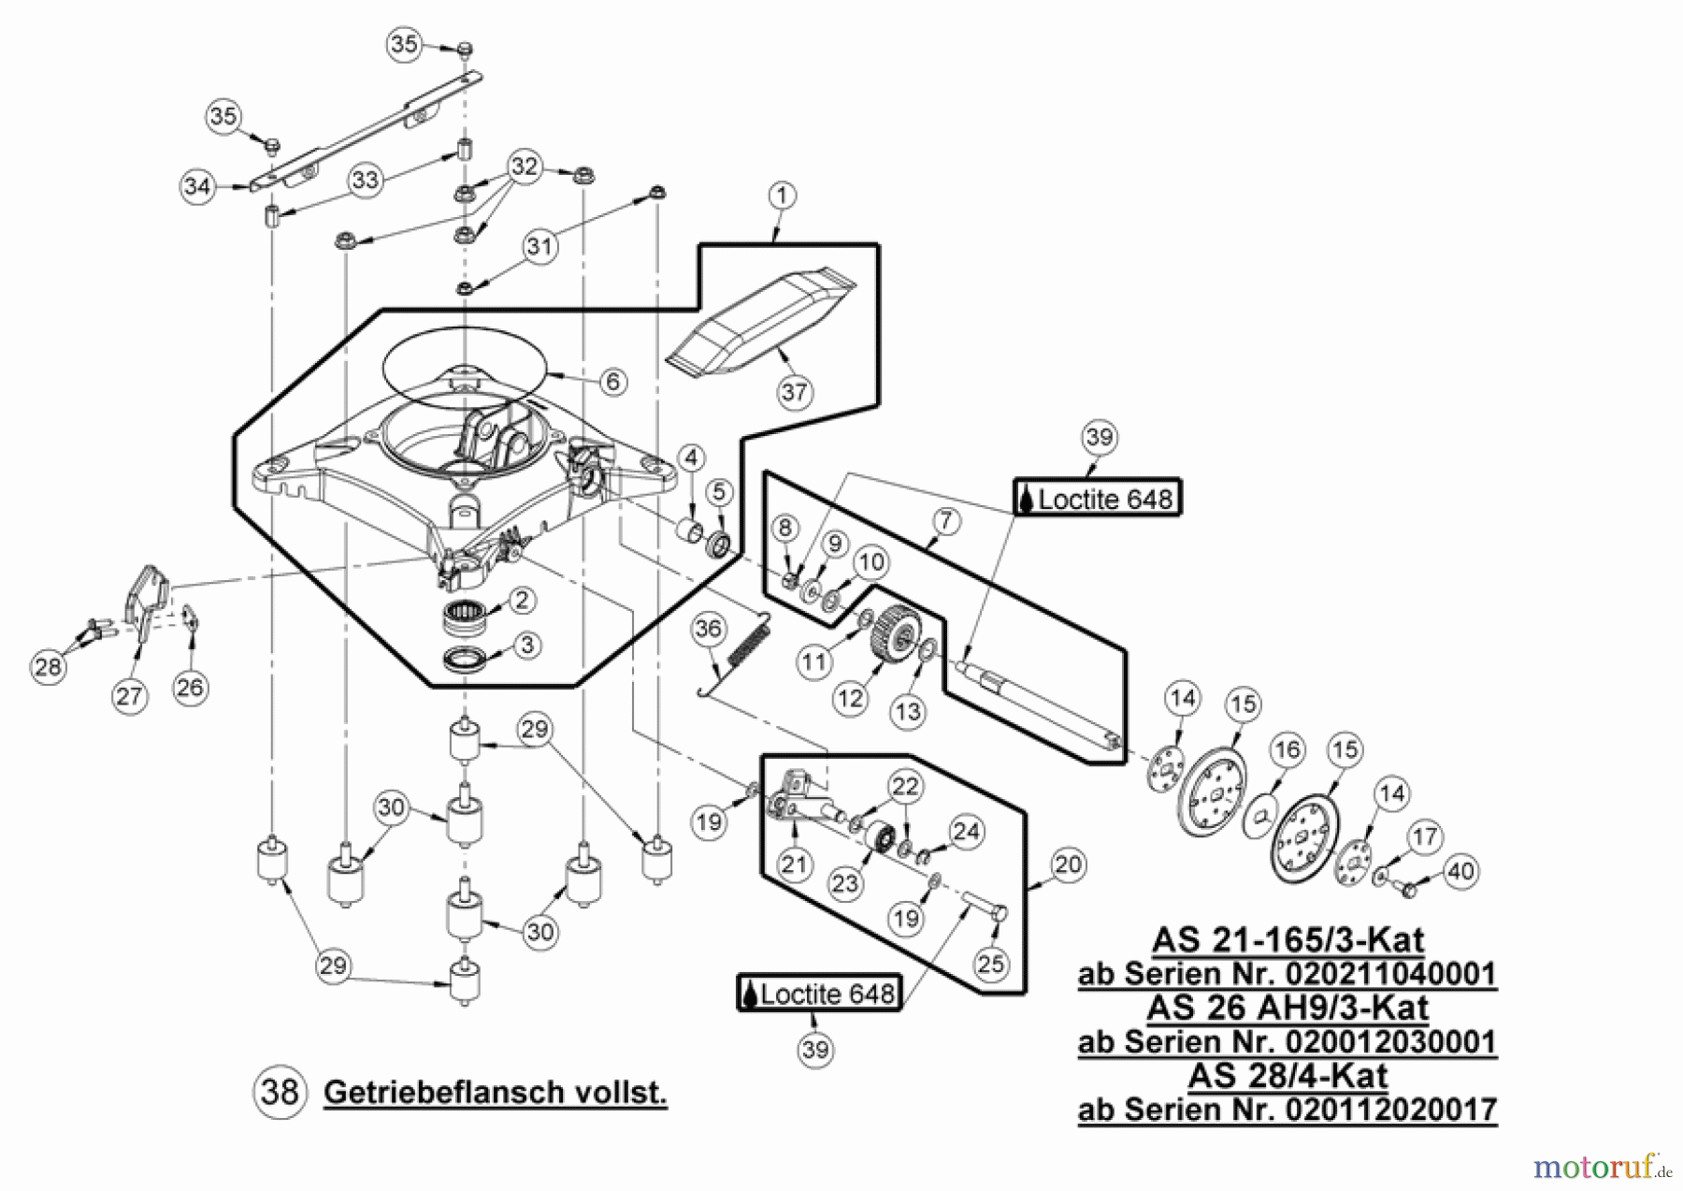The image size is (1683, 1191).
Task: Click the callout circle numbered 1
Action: tap(782, 196)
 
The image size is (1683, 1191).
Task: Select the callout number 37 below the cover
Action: tap(794, 391)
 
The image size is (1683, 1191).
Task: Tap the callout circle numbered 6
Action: tap(612, 382)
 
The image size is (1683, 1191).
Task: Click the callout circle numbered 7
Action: tap(945, 521)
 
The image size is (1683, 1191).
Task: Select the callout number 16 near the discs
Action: tap(1287, 749)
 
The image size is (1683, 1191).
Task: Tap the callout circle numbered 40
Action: tap(1460, 872)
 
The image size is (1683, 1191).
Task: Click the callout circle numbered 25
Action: tap(991, 963)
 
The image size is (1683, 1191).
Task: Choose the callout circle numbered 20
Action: tap(1067, 864)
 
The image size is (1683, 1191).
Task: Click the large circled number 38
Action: tap(280, 1092)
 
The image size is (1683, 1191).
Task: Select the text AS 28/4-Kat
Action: tap(1287, 1076)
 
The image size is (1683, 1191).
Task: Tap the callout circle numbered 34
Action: tap(197, 186)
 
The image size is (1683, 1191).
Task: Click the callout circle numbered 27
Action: tap(129, 695)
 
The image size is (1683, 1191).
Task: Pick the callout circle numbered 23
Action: tap(845, 883)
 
